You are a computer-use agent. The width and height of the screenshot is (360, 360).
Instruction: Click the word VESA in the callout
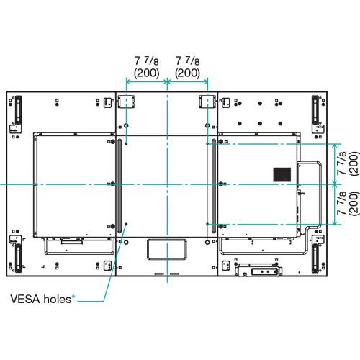point(25,299)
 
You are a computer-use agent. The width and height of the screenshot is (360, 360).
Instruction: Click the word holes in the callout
point(58,299)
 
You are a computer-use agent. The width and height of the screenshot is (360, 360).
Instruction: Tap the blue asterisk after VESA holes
point(73,297)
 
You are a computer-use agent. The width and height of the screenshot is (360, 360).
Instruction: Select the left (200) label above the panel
point(146,73)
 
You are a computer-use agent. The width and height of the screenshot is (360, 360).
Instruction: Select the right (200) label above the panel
point(187,73)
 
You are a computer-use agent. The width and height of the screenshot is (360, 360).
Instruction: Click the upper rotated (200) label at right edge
point(354,163)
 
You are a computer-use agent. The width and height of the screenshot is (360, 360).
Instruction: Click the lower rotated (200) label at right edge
point(354,204)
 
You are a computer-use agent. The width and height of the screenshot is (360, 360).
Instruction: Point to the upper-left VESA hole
point(126,143)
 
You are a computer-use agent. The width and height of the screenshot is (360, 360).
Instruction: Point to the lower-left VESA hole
point(126,224)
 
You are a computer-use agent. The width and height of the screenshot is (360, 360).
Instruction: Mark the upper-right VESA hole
point(207,143)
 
